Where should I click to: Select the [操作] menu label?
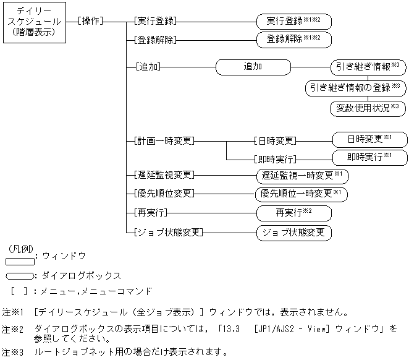pyautogui.click(x=91, y=21)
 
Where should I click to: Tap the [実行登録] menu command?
pyautogui.click(x=154, y=21)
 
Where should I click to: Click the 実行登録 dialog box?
pyautogui.click(x=293, y=22)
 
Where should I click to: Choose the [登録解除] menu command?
pyautogui.click(x=154, y=40)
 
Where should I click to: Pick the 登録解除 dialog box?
pyautogui.click(x=293, y=40)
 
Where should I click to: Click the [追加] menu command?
pyautogui.click(x=143, y=66)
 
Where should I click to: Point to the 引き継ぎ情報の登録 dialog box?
pyautogui.click(x=355, y=88)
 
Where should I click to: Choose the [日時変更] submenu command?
pyautogui.click(x=275, y=140)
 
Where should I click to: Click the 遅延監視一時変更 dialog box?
pyautogui.click(x=301, y=176)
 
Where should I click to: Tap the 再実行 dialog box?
pyautogui.click(x=293, y=213)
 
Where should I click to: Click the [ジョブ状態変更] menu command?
pyautogui.click(x=167, y=233)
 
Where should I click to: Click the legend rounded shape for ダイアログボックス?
pyautogui.click(x=19, y=276)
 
